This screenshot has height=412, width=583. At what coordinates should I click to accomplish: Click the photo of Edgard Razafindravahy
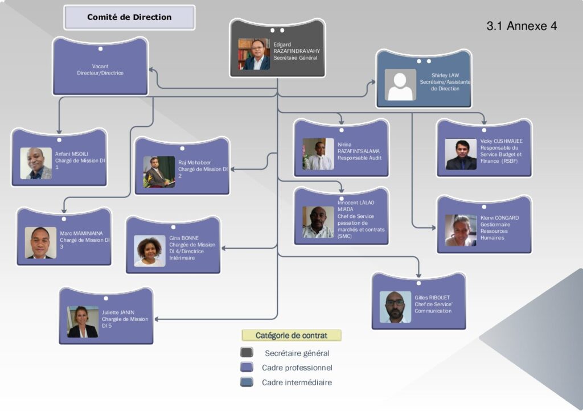click(x=254, y=54)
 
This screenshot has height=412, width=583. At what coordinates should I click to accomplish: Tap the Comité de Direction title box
click(x=129, y=17)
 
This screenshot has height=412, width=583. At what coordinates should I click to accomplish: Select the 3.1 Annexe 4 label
click(x=522, y=26)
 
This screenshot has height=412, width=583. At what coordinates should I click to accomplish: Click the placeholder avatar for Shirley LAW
click(x=400, y=85)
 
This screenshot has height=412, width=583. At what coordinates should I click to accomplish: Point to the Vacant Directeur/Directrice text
click(x=100, y=69)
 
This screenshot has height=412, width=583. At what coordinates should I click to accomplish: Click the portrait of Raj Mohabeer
click(x=159, y=172)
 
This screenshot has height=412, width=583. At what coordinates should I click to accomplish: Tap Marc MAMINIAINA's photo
click(x=41, y=243)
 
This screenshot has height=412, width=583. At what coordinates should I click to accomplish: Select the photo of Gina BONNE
click(x=150, y=251)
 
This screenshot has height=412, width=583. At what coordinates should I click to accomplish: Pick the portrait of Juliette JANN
click(x=83, y=322)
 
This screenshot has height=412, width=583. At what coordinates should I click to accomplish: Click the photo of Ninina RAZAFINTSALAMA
click(x=318, y=154)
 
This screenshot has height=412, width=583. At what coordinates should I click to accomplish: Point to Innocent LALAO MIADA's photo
click(x=318, y=222)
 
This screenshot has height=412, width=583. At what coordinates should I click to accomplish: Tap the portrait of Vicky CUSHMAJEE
click(x=461, y=155)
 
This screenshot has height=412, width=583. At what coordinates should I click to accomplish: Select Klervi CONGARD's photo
click(x=461, y=230)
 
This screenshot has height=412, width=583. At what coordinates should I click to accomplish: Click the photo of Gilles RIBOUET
click(x=395, y=307)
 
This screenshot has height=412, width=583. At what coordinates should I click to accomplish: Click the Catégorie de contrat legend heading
click(x=291, y=335)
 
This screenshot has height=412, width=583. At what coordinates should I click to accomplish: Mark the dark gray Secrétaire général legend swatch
click(x=247, y=353)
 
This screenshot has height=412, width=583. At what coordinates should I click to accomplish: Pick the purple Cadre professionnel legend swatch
click(x=247, y=368)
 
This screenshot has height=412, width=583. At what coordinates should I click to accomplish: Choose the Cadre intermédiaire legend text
click(x=297, y=382)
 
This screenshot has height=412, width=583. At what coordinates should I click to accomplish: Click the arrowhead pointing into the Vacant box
click(x=151, y=69)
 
